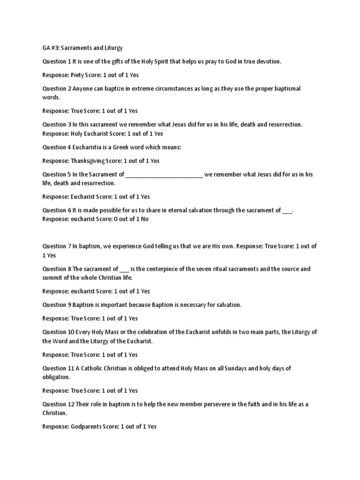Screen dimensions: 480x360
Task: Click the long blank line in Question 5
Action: (165, 174)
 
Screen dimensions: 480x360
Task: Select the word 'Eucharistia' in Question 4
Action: (90, 147)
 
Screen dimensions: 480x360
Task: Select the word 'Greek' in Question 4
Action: (129, 147)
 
